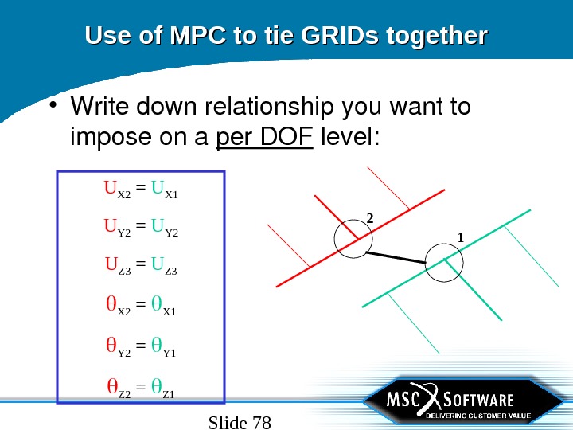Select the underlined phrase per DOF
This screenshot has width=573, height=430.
tap(266, 138)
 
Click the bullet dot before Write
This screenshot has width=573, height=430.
tap(55, 106)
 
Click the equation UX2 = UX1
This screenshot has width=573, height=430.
tap(141, 190)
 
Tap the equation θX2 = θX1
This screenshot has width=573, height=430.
tap(141, 307)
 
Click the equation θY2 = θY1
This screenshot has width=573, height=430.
tap(141, 347)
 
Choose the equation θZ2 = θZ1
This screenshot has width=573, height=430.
tap(141, 389)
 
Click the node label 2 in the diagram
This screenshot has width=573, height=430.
tap(369, 217)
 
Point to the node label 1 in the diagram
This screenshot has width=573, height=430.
tap(460, 236)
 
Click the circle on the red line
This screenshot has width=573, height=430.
tap(351, 238)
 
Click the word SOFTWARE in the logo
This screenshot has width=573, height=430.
tap(477, 399)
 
